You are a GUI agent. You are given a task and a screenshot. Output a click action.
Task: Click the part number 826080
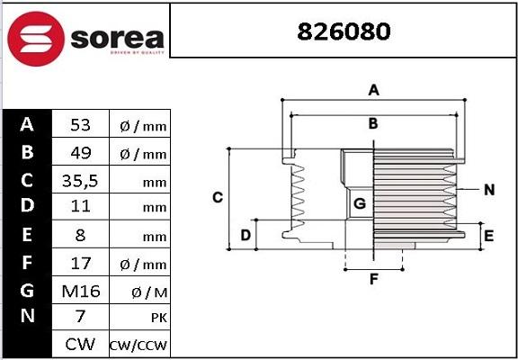(344, 32)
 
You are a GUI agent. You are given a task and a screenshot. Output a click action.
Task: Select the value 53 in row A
(81, 124)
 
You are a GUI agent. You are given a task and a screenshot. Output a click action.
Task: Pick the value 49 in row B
(81, 153)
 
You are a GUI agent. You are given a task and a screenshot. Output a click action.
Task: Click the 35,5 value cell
(81, 180)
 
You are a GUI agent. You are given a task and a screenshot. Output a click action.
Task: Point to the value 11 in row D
(81, 207)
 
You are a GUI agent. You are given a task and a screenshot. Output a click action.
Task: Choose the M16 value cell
(81, 290)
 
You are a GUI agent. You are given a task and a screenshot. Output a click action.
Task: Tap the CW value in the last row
(81, 345)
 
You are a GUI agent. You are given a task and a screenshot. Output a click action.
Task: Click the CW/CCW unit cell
(138, 346)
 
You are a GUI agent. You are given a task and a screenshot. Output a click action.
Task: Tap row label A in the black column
(27, 124)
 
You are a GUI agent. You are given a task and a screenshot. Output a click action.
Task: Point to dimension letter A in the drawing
(372, 89)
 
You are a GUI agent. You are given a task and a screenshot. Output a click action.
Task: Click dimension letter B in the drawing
(372, 123)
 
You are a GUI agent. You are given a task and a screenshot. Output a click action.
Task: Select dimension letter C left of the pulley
(217, 197)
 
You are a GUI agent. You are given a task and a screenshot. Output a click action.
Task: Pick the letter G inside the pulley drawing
(358, 204)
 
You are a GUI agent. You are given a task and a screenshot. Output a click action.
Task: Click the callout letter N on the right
(489, 190)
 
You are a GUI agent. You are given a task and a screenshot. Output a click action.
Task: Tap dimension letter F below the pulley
(372, 278)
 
